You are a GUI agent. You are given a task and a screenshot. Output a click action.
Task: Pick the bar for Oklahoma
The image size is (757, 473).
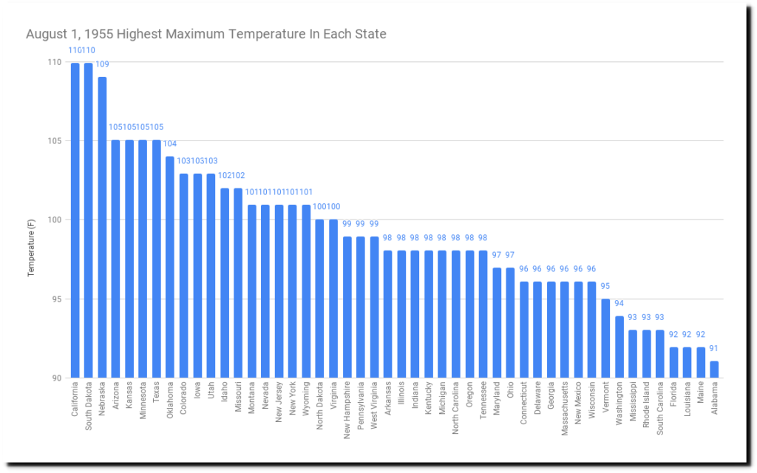click(170, 267)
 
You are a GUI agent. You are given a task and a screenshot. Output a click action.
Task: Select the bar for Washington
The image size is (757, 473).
click(619, 347)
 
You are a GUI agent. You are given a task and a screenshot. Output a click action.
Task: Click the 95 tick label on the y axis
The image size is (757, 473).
click(56, 299)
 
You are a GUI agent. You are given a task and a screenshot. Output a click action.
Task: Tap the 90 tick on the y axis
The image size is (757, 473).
click(56, 378)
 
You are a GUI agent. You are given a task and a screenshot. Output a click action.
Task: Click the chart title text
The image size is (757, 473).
click(206, 34)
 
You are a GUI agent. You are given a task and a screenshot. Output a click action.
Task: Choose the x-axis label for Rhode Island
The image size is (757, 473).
click(646, 406)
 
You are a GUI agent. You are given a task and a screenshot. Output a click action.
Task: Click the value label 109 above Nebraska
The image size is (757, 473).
click(103, 64)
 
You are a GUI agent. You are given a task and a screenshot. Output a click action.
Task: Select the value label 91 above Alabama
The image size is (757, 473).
click(714, 348)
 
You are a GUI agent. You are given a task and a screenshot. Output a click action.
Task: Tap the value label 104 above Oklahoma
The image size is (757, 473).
click(170, 144)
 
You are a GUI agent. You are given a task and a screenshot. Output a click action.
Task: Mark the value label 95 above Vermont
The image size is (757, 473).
click(605, 287)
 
